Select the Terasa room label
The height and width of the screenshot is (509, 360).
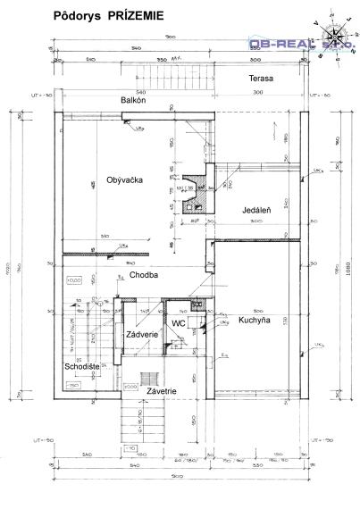(261, 79)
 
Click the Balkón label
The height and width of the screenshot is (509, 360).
(138, 101)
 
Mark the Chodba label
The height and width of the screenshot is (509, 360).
(143, 275)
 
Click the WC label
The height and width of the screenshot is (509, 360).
(179, 322)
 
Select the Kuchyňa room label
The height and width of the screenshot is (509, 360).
(255, 320)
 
